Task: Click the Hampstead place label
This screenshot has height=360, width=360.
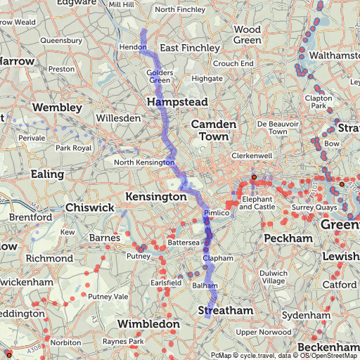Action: (x=177, y=103)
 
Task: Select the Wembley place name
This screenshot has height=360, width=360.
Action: (x=57, y=107)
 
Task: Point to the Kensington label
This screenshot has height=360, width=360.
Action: (x=155, y=197)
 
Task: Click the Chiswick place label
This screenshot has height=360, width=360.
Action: (x=89, y=208)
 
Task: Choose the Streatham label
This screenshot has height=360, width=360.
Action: (x=225, y=310)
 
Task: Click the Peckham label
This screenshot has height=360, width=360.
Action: (x=288, y=239)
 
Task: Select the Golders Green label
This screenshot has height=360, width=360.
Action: (x=160, y=77)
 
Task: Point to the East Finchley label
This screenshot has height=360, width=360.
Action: (x=190, y=48)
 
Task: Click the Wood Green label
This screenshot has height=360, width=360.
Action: (x=247, y=35)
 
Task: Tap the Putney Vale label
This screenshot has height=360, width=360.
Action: (x=108, y=297)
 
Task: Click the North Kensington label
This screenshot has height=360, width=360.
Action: (x=144, y=163)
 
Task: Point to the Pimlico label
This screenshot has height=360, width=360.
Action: (x=216, y=212)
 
